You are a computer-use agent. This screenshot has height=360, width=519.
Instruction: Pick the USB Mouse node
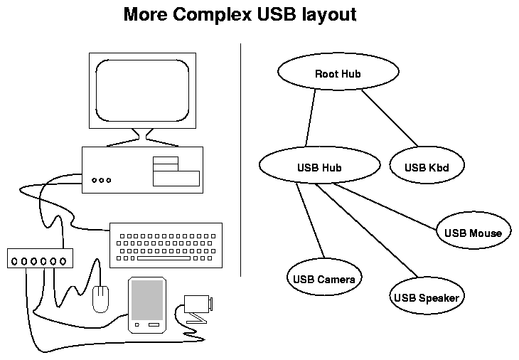point(473,233)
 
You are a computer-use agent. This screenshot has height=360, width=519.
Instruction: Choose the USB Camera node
point(323,277)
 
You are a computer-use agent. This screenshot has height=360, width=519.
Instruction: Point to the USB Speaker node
point(426,297)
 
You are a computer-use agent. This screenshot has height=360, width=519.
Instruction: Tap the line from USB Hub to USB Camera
point(310,220)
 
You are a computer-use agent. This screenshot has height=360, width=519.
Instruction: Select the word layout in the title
point(323,15)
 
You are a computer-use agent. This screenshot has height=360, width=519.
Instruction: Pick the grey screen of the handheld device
point(147,299)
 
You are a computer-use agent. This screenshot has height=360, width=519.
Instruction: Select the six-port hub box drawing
point(40,260)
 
